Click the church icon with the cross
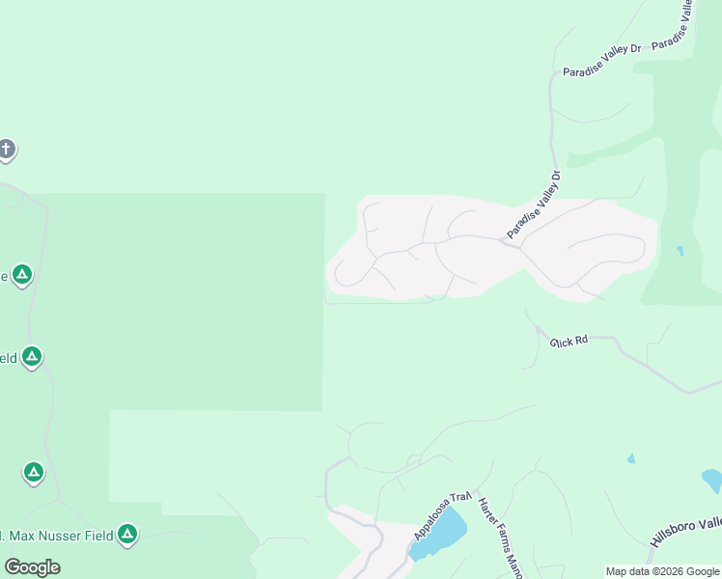point(6,150)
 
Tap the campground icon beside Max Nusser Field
point(126,534)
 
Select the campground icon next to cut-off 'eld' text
point(32,358)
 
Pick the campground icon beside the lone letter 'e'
point(21,275)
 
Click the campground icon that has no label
point(34,473)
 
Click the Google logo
point(32,567)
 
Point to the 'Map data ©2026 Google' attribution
point(662,571)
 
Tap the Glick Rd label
point(569,341)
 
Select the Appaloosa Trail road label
point(441,517)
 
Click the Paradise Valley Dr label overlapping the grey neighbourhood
point(534,205)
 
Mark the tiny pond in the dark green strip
point(680,251)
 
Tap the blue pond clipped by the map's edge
point(712,479)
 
